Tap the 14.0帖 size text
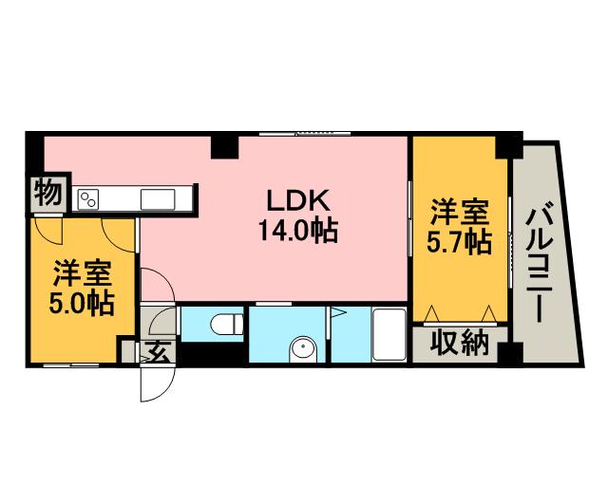point(297,231)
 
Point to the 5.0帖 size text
point(81,304)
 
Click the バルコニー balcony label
point(545,257)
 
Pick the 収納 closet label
point(460,342)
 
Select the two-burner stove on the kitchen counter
point(88,198)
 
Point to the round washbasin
point(302,347)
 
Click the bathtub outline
point(389,334)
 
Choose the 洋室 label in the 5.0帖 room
point(81,273)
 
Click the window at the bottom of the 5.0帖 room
point(71,364)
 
